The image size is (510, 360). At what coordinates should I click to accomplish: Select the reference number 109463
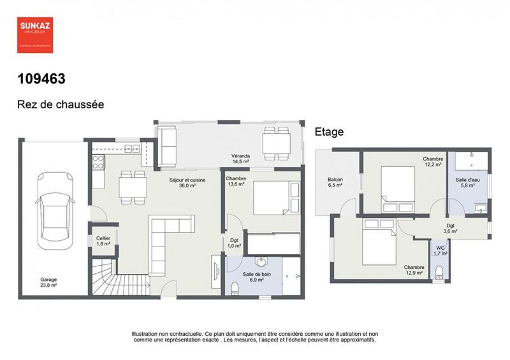[x=41, y=79]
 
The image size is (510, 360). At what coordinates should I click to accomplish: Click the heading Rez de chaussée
[x=61, y=103]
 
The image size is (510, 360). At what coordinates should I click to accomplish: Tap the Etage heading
[x=329, y=132]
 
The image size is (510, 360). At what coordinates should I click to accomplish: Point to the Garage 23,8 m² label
[x=49, y=283]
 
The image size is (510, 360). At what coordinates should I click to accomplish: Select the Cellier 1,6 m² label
[x=103, y=240]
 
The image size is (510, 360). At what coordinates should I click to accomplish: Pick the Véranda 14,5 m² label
[x=241, y=159]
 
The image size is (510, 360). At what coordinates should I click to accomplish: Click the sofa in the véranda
[x=168, y=143]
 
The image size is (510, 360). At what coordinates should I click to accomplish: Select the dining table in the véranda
[x=277, y=141]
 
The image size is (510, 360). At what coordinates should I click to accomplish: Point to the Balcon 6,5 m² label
[x=335, y=183]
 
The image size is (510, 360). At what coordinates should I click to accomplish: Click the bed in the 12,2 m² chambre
[x=399, y=189]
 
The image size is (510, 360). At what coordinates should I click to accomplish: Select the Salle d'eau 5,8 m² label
[x=468, y=183]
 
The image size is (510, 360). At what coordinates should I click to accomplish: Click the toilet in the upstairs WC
[x=438, y=272]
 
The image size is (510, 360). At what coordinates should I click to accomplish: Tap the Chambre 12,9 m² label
[x=414, y=270]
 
